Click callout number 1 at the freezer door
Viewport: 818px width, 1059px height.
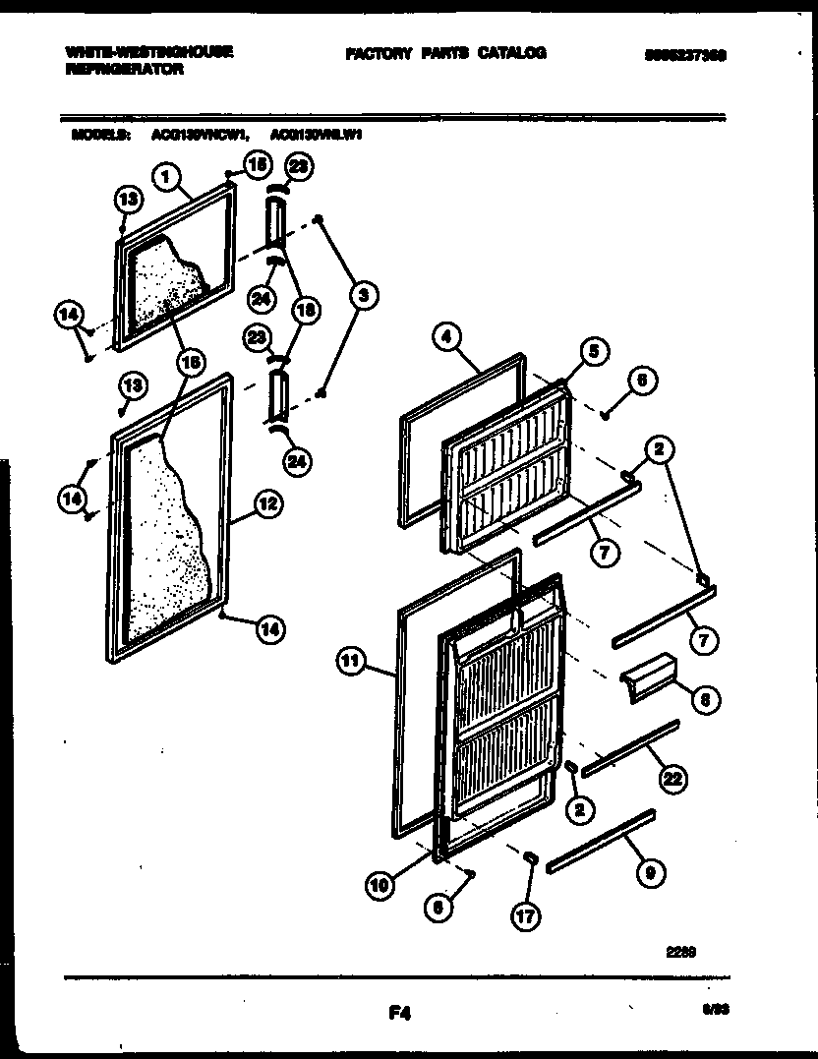click(x=167, y=178)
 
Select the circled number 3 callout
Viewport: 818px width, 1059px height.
click(x=362, y=293)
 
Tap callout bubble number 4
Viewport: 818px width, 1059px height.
click(x=446, y=337)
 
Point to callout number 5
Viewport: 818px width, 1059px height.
click(x=593, y=349)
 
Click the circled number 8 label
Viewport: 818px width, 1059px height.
click(x=703, y=700)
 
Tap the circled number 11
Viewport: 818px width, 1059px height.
click(x=349, y=661)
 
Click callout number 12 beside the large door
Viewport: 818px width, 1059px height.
click(x=267, y=504)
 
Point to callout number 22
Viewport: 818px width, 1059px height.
click(x=672, y=779)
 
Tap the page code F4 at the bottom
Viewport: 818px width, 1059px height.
click(x=399, y=1017)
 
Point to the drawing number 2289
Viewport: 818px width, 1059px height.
click(x=680, y=951)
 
